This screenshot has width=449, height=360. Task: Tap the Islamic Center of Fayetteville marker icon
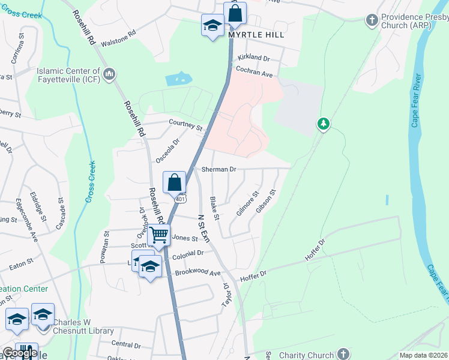(x=109, y=74)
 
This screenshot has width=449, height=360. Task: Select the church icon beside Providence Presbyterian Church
(x=372, y=20)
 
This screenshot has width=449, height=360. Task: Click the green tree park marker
(x=324, y=124)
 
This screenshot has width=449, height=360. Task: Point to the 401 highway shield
(x=181, y=199)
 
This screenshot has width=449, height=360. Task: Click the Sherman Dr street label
(x=219, y=170)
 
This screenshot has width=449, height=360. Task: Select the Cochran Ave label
(x=255, y=74)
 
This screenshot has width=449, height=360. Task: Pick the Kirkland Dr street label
(x=254, y=58)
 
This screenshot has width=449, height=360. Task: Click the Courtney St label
(x=185, y=125)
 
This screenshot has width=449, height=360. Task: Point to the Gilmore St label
(x=247, y=203)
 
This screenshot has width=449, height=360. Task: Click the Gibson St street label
(x=266, y=202)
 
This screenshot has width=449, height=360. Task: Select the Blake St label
(x=214, y=207)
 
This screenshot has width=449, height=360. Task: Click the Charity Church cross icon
(x=343, y=353)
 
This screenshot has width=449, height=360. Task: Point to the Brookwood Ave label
(x=198, y=273)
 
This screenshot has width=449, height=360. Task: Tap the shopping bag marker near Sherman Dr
(x=174, y=182)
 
